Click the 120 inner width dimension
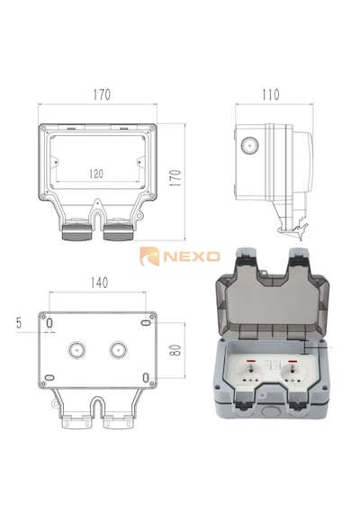tap(96, 174)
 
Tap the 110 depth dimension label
tap(271, 94)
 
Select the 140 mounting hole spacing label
tap(99, 283)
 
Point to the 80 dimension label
tap(176, 350)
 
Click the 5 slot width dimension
tap(19, 322)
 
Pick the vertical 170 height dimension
tap(176, 178)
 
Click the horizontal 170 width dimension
tap(102, 94)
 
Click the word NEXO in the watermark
tap(192, 256)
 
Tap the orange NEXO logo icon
tap(149, 256)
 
